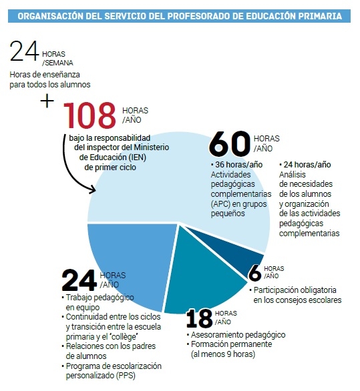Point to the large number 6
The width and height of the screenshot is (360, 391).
coord(254,273)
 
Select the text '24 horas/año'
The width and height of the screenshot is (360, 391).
coord(309,164)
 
